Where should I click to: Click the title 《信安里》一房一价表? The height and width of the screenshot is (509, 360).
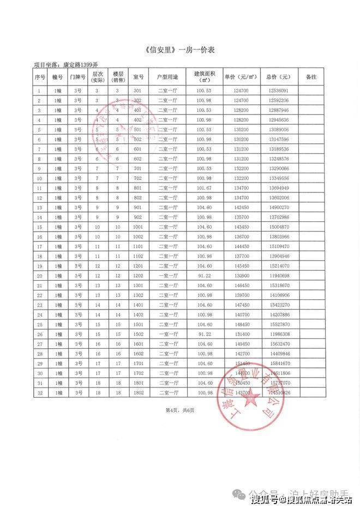181,50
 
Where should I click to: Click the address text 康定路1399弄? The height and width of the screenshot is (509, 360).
81,64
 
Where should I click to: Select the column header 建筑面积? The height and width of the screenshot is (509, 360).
205,76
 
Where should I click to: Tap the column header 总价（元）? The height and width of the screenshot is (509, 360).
279,76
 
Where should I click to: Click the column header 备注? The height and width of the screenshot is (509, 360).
311,76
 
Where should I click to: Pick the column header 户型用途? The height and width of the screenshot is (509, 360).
167,76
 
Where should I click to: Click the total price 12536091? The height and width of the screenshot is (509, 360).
279,90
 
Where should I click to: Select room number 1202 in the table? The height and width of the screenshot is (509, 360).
137,276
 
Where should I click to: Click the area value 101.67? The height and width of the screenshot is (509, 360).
205,187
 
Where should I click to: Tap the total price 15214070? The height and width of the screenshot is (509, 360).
279,266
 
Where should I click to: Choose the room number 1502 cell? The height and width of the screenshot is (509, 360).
137,334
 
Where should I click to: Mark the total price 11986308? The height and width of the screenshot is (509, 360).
279,334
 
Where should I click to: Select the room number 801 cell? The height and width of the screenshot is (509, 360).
137,187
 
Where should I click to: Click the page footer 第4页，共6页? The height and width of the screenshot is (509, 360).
180,410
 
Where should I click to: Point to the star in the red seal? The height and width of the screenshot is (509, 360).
251,399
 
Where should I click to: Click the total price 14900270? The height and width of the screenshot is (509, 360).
279,208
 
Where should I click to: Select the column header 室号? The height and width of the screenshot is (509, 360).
137,76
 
